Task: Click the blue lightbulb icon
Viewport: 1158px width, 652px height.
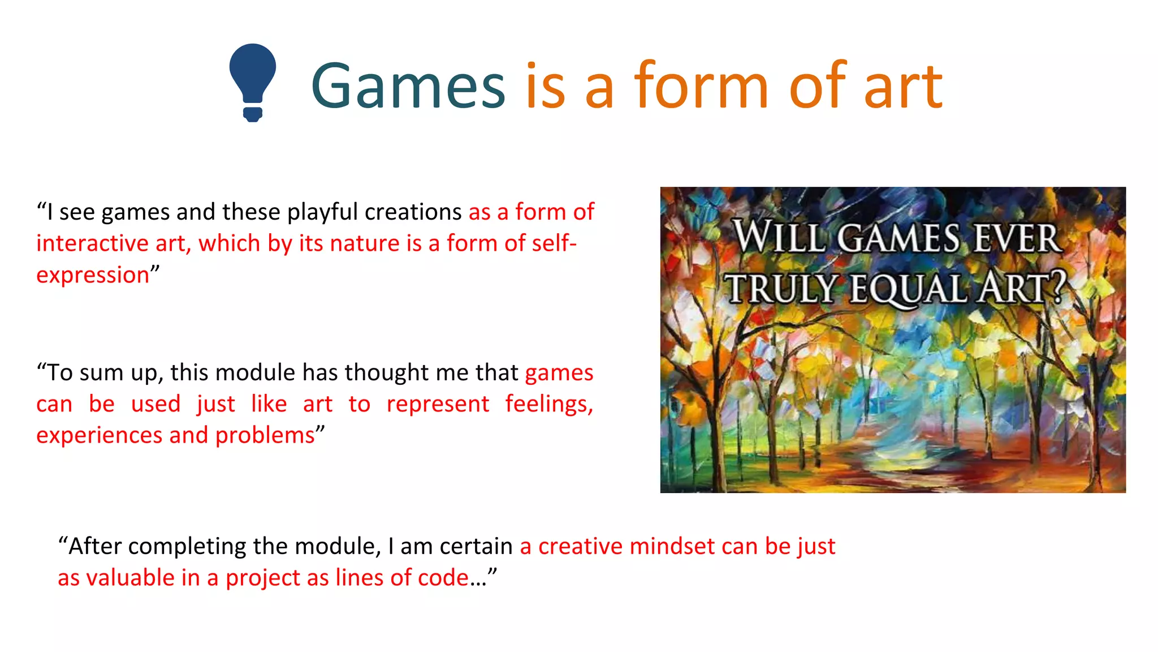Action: point(252,82)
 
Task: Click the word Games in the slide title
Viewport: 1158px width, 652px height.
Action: point(408,86)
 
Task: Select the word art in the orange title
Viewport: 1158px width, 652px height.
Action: point(903,86)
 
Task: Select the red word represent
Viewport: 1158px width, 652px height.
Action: point(438,404)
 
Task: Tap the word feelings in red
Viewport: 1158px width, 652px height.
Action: point(548,404)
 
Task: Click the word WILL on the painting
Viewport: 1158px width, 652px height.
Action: point(780,237)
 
